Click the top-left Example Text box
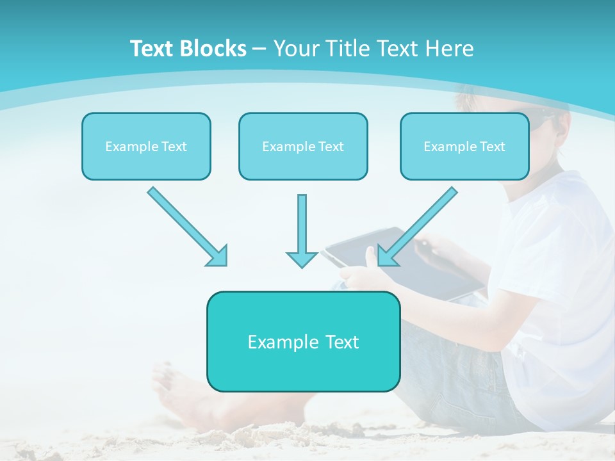point(146,147)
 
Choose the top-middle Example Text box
point(303,147)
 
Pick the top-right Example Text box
point(464,147)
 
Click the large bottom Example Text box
point(303,342)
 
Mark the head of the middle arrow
point(302,259)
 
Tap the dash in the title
point(259,49)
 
